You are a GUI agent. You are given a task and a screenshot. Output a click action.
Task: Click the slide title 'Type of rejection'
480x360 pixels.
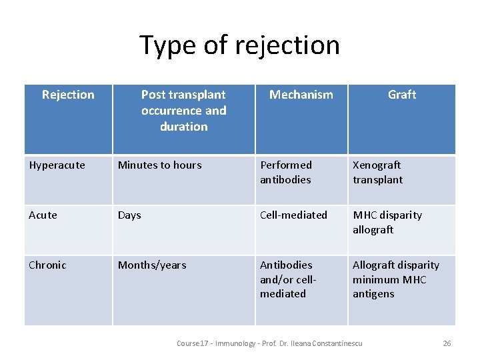[x=239, y=45]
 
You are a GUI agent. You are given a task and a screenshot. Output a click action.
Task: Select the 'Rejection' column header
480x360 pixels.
[x=68, y=95]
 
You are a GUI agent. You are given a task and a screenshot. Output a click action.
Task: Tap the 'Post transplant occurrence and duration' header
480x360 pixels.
[x=183, y=111]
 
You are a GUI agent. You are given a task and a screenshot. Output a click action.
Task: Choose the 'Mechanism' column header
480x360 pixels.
[x=301, y=95]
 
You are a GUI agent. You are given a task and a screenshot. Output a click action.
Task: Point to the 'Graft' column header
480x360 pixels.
[x=402, y=95]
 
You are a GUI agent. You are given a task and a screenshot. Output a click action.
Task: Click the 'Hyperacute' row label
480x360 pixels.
[x=57, y=165]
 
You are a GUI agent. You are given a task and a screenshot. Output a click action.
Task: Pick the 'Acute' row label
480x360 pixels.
[x=43, y=215]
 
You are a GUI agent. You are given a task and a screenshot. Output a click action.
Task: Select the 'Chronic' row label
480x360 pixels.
[x=48, y=265]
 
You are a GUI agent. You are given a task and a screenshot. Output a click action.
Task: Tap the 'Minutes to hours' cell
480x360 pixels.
[x=159, y=165]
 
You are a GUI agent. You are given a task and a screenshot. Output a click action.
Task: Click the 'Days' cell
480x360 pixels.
[x=129, y=215]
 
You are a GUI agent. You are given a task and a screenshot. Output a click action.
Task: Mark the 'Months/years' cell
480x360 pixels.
[x=152, y=265]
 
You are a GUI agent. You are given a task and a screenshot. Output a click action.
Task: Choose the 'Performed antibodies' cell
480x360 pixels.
[x=286, y=172]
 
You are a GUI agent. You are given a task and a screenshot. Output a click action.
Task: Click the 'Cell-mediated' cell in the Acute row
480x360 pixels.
[x=293, y=215]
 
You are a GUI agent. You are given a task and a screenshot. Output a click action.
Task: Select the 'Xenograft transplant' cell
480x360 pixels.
[x=378, y=172]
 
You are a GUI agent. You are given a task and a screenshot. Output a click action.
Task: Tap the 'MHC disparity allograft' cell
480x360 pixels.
[x=387, y=222]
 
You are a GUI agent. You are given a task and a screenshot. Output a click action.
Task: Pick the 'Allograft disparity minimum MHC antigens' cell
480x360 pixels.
[x=395, y=279]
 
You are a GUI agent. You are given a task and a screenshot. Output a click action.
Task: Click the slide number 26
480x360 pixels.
[x=447, y=343]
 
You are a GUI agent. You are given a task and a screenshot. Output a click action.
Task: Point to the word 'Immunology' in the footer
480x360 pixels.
[x=234, y=343]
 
